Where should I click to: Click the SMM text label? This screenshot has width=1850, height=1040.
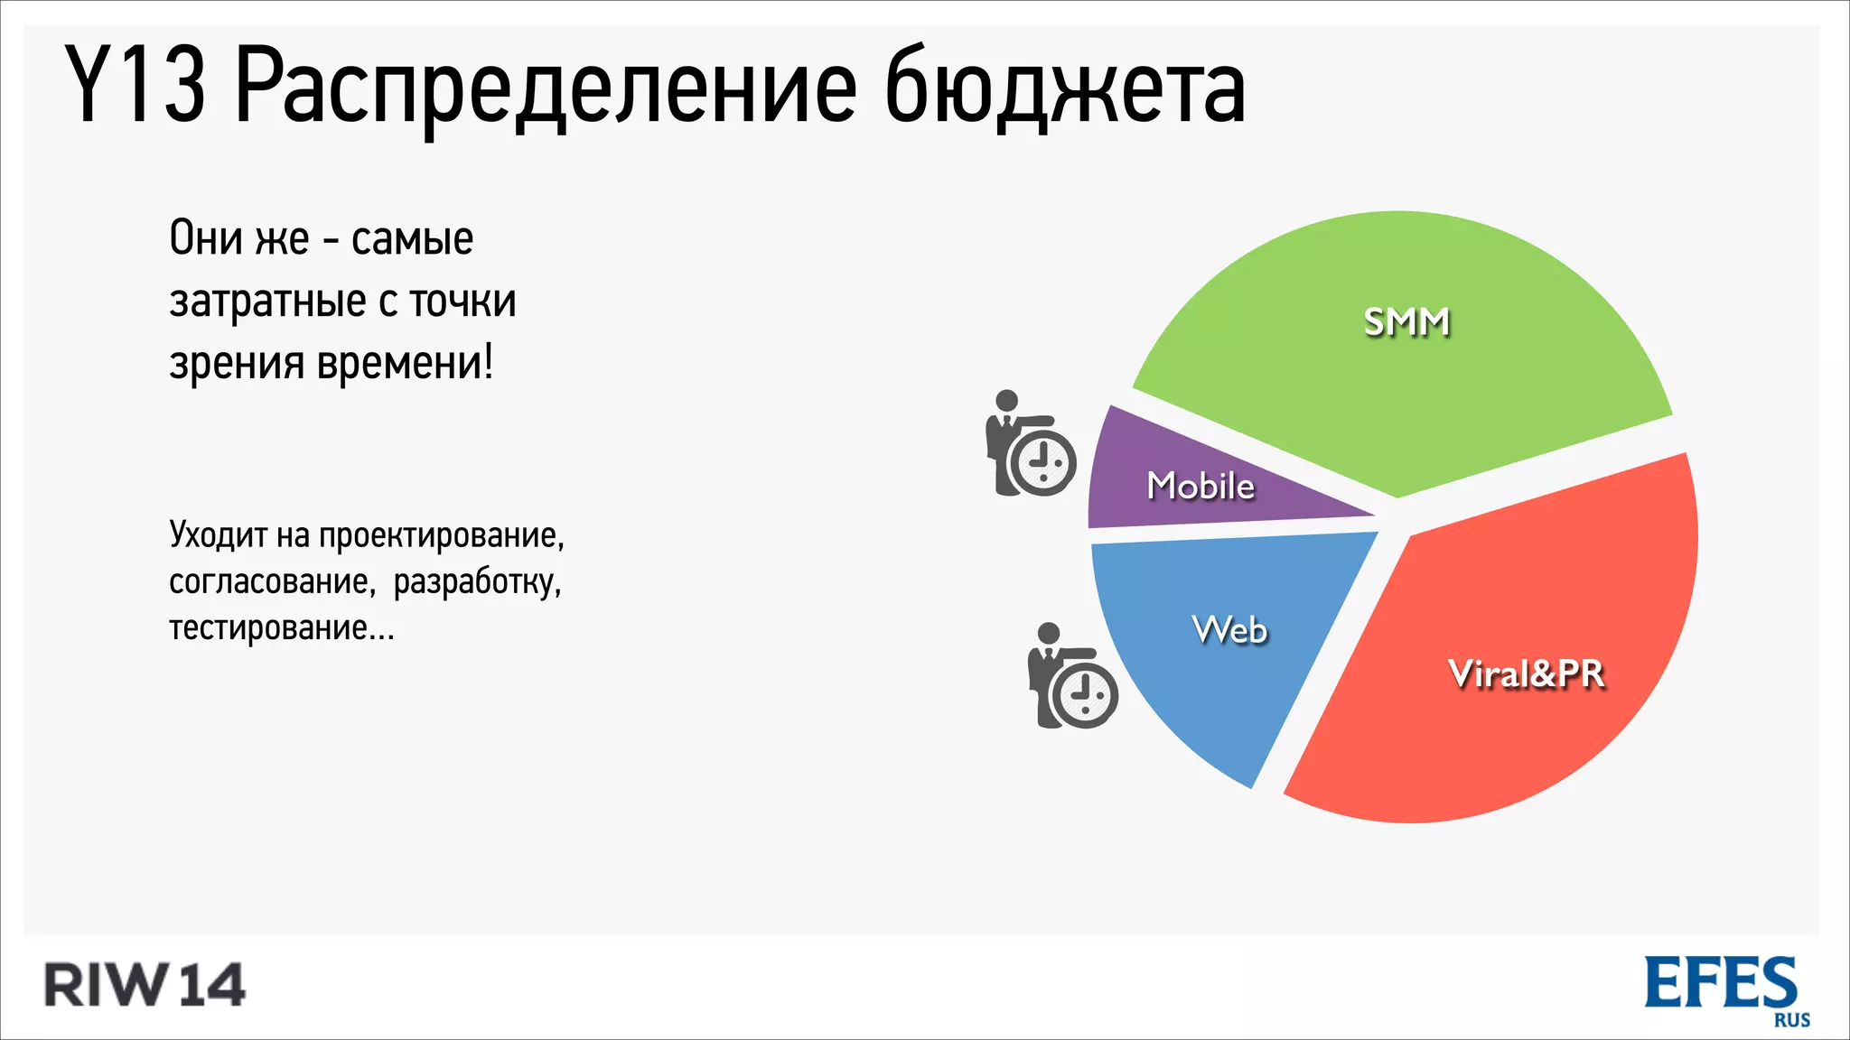1406,322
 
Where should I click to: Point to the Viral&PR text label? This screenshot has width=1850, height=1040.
1526,674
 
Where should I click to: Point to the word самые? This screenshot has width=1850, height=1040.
412,239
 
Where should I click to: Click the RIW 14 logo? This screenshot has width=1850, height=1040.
145,985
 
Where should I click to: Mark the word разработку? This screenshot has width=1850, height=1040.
477,581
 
